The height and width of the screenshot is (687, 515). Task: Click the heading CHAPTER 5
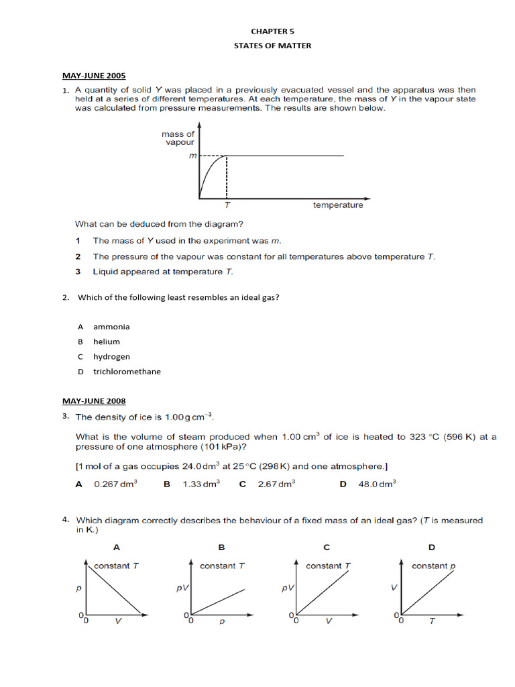tap(272, 31)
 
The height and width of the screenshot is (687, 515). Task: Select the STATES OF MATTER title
tap(272, 46)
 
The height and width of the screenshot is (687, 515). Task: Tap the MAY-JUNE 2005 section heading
tap(94, 76)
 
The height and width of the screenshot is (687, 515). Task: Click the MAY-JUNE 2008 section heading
tap(94, 401)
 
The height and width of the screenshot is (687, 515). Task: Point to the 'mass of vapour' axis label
tap(179, 138)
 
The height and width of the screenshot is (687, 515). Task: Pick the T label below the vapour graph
tap(227, 206)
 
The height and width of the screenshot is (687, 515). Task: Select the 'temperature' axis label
tap(338, 205)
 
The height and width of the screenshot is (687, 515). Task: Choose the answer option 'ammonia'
tap(111, 327)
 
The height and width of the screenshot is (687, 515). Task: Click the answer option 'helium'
tap(107, 341)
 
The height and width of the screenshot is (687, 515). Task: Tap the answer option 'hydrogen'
tap(111, 356)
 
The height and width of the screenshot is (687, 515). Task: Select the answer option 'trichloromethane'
tap(127, 371)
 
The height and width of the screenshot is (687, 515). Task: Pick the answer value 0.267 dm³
tap(116, 484)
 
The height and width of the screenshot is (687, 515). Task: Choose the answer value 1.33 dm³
tap(201, 484)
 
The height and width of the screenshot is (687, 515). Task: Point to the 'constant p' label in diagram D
tap(433, 566)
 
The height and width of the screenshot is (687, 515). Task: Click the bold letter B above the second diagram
tap(221, 547)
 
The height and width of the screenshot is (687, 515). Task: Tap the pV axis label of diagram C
tap(287, 588)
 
